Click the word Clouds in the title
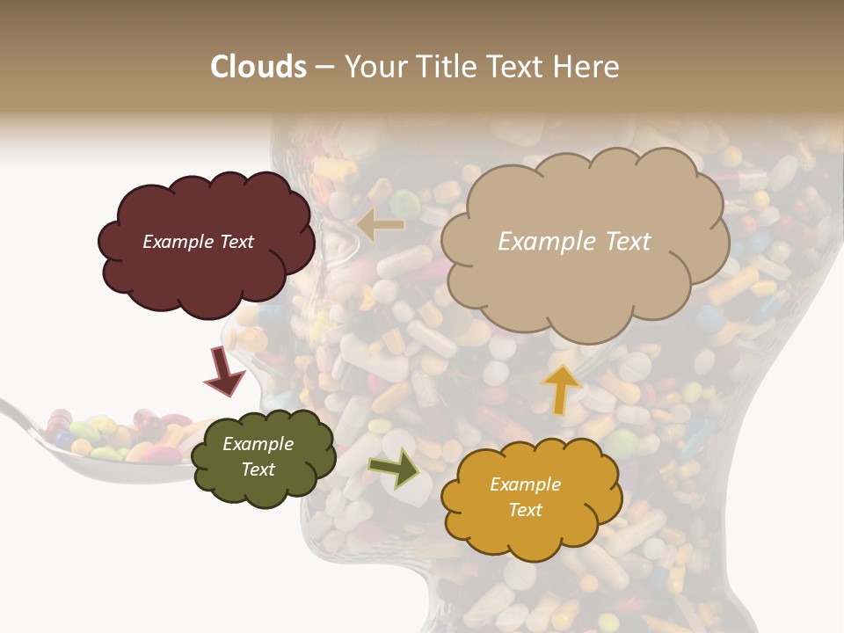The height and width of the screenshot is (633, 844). (258, 67)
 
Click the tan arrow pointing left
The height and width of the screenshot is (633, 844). (381, 225)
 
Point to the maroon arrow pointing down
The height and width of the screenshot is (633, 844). (224, 373)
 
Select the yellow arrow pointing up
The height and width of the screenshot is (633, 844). (561, 388)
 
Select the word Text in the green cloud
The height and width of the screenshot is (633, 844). (258, 469)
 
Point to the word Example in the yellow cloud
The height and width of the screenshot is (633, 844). (525, 484)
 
